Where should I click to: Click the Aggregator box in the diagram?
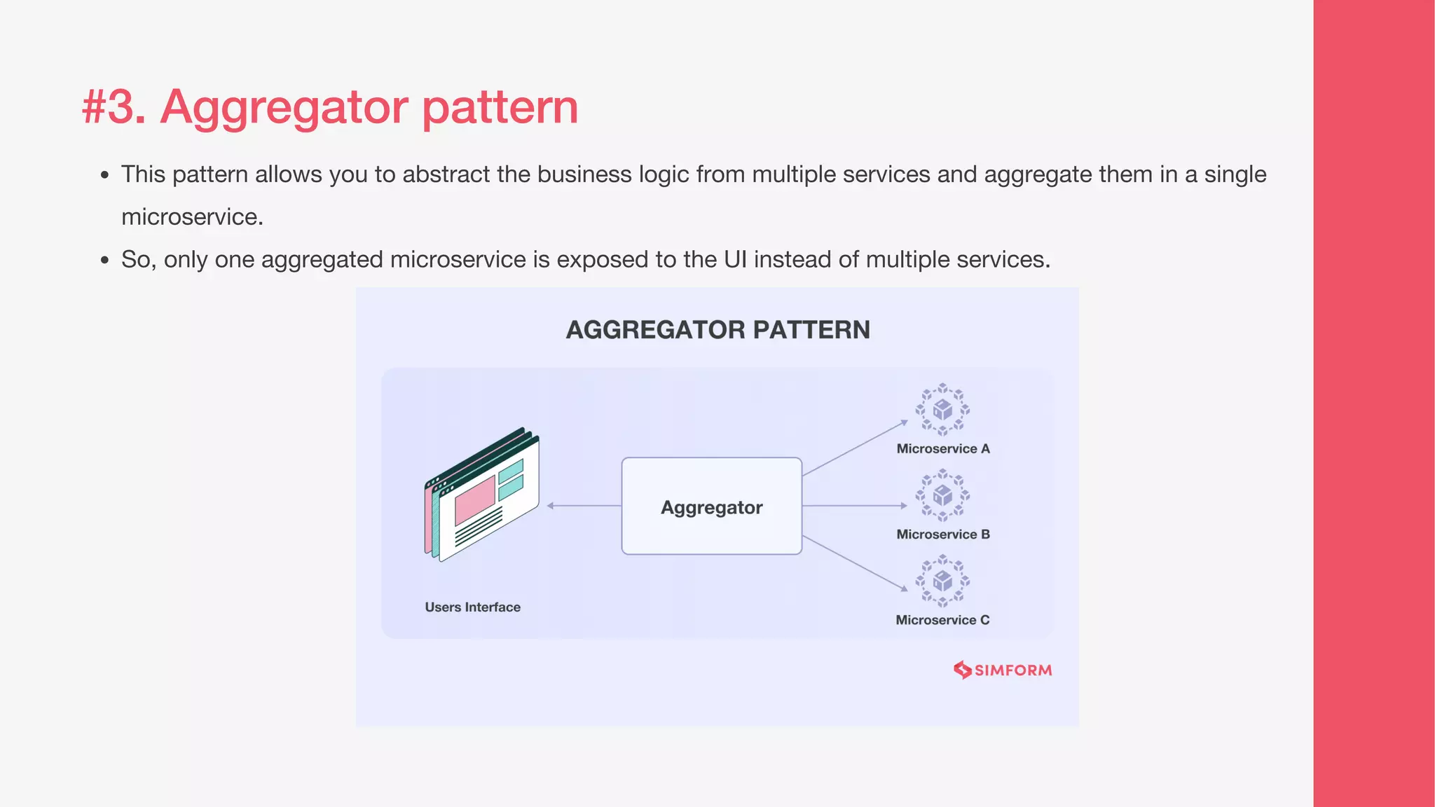(x=711, y=506)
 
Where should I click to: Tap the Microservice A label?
(x=943, y=449)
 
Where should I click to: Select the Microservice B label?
(x=943, y=534)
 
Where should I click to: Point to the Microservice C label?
(x=942, y=620)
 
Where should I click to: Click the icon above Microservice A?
(x=942, y=409)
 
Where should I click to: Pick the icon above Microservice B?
(x=942, y=495)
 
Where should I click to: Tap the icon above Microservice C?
(x=942, y=581)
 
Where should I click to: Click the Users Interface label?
(x=472, y=607)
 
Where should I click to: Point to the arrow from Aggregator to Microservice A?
(x=855, y=449)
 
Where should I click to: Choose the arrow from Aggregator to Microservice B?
(x=855, y=506)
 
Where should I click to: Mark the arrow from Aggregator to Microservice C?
(x=855, y=563)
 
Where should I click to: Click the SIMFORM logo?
(x=1003, y=670)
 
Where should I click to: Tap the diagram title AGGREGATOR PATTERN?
(x=717, y=330)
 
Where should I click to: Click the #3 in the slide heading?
(x=112, y=107)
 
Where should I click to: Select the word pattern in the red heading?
(x=500, y=107)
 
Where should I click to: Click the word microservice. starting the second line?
(x=192, y=217)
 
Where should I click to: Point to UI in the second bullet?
(x=735, y=260)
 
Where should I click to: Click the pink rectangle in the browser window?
(x=475, y=499)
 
